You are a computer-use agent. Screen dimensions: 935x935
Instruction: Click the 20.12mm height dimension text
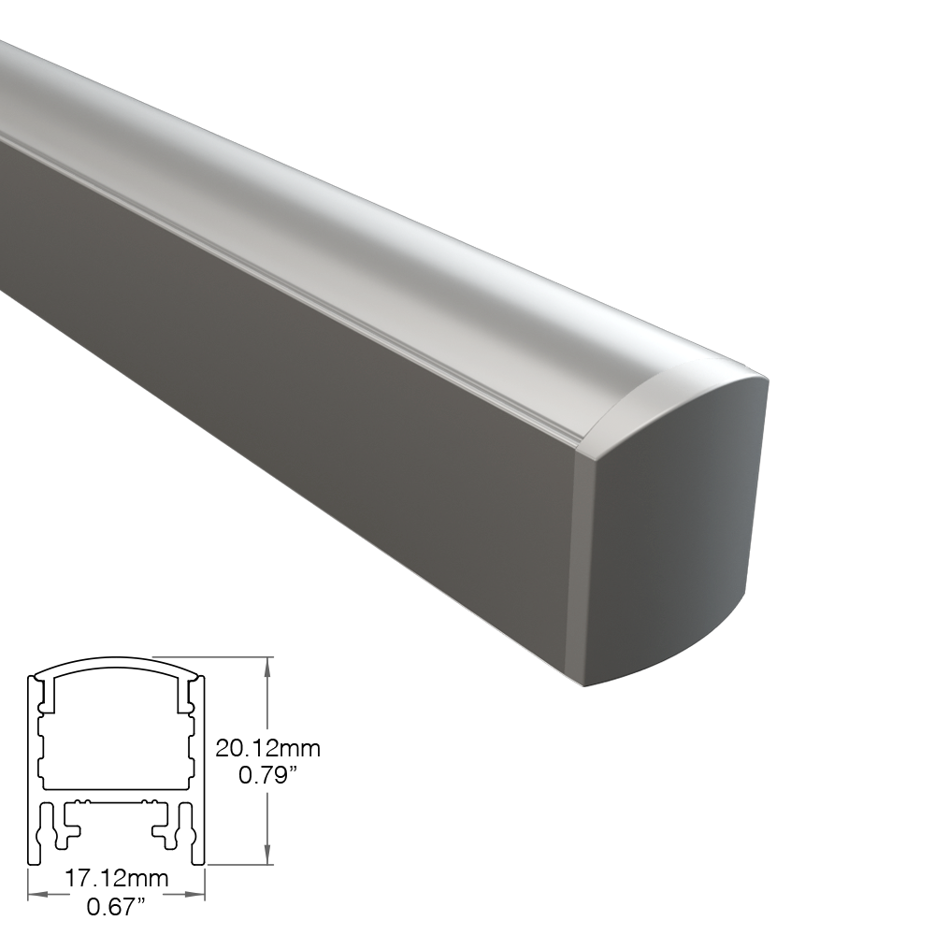(x=267, y=748)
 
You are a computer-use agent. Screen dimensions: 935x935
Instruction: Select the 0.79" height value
(x=267, y=775)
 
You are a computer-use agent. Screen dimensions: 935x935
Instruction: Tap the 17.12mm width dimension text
(x=117, y=878)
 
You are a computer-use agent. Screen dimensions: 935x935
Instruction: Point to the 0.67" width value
(x=116, y=908)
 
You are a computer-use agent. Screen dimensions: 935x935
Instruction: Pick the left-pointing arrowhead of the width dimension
(x=38, y=894)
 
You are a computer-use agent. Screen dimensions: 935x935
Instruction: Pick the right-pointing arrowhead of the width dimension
(x=194, y=894)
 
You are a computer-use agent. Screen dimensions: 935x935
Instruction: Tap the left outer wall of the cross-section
(x=31, y=770)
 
